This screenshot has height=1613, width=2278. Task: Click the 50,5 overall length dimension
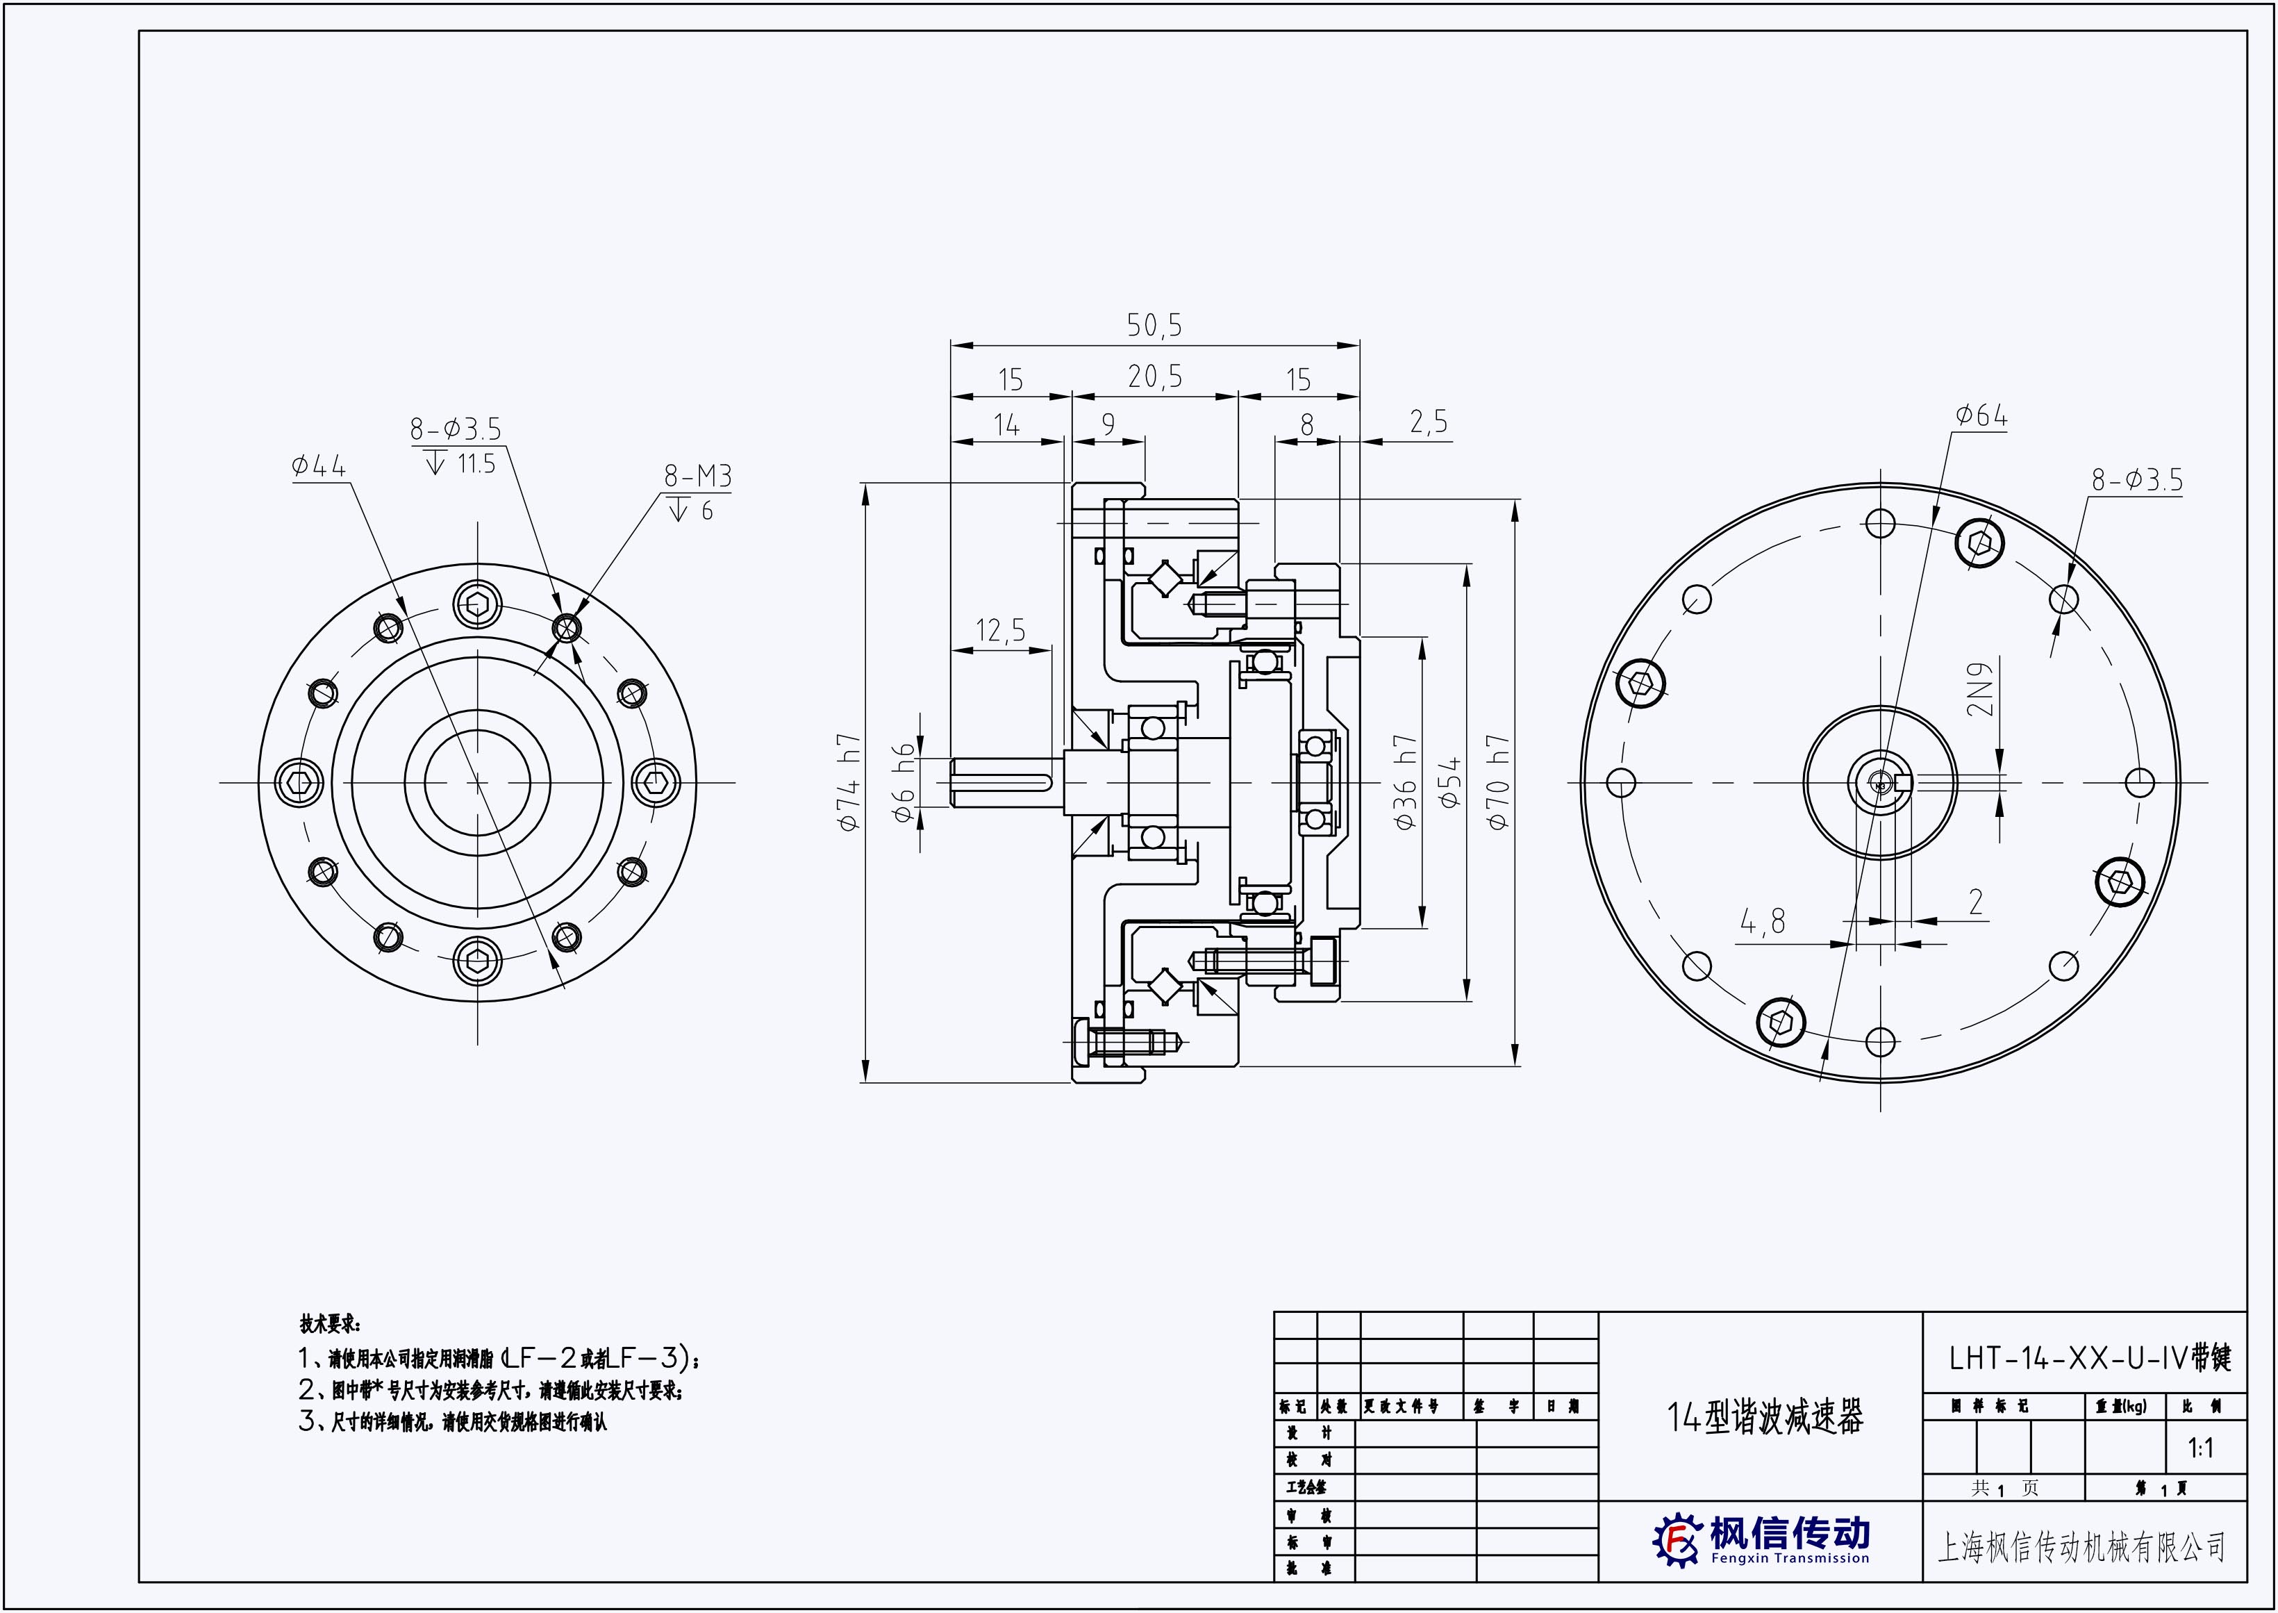tap(1154, 325)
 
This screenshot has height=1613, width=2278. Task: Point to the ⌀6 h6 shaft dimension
tap(903, 783)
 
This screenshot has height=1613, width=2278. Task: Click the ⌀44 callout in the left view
tap(319, 466)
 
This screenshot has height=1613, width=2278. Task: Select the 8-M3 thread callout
tap(697, 477)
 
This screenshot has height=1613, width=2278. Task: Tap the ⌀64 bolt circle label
tap(1981, 416)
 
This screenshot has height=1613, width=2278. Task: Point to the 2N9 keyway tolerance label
tap(1980, 688)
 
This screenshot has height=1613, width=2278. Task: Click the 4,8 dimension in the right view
tap(1763, 923)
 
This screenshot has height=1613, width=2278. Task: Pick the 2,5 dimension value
tap(1428, 423)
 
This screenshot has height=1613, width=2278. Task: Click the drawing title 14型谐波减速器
tap(1765, 1417)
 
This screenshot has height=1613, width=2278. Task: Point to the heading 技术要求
tap(331, 1324)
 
